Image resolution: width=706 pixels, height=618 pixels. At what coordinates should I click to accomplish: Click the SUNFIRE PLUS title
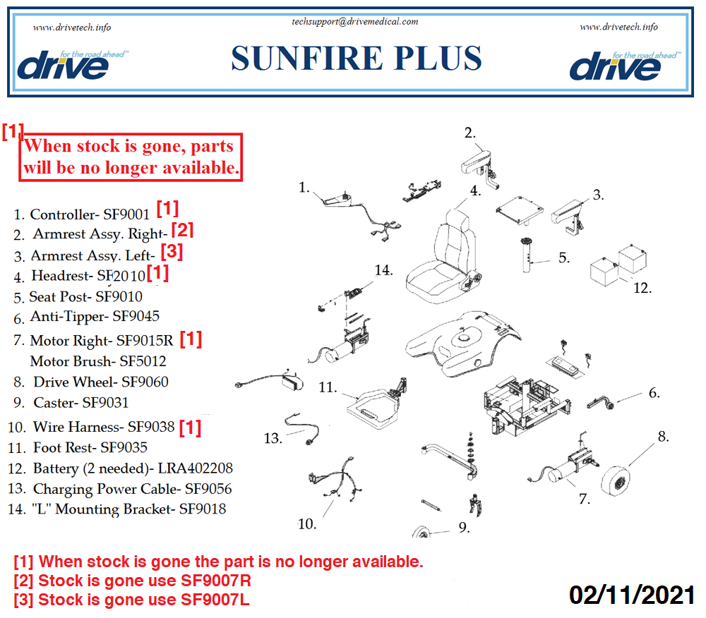(x=356, y=59)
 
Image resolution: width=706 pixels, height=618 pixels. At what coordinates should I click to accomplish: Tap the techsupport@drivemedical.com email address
(x=355, y=22)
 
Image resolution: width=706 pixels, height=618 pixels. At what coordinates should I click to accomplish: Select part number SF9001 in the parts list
(x=126, y=214)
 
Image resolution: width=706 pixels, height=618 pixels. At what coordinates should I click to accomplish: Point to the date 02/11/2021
(x=632, y=595)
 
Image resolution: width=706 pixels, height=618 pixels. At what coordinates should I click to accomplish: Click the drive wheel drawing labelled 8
(x=618, y=481)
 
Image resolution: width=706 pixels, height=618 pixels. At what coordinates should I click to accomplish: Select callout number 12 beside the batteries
(x=642, y=288)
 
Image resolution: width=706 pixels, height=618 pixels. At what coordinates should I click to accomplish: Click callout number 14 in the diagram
(x=383, y=270)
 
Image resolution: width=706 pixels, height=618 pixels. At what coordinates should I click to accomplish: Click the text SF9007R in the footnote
(x=215, y=581)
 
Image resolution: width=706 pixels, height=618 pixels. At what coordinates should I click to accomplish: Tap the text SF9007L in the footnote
(x=215, y=600)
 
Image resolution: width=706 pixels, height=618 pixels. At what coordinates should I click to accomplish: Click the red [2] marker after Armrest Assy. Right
(x=182, y=230)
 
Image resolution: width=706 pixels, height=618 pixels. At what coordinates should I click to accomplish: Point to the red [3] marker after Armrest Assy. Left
(x=172, y=251)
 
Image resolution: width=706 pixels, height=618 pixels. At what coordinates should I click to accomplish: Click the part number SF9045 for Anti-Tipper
(x=136, y=316)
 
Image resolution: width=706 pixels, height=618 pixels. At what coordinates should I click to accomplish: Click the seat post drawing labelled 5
(x=526, y=255)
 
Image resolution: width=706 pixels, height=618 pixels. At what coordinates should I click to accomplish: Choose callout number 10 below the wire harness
(x=307, y=524)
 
